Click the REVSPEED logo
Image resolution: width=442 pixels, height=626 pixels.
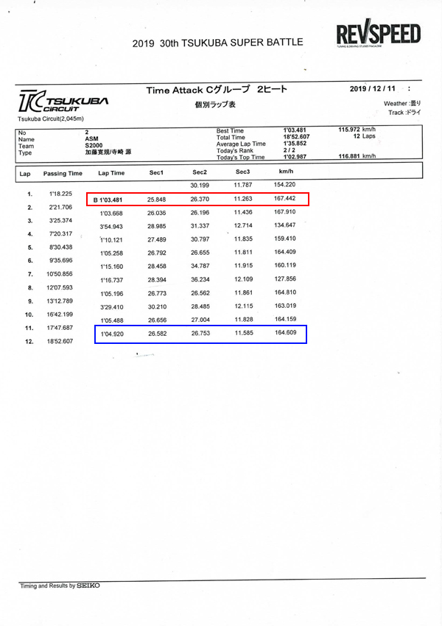(x=378, y=35)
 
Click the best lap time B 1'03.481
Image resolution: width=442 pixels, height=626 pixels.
(x=111, y=200)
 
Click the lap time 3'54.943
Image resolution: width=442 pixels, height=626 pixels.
(x=114, y=226)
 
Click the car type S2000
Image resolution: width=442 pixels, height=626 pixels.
(x=94, y=145)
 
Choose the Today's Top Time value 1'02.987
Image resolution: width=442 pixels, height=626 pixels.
(x=295, y=157)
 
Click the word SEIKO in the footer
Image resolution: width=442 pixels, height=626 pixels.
(x=88, y=585)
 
